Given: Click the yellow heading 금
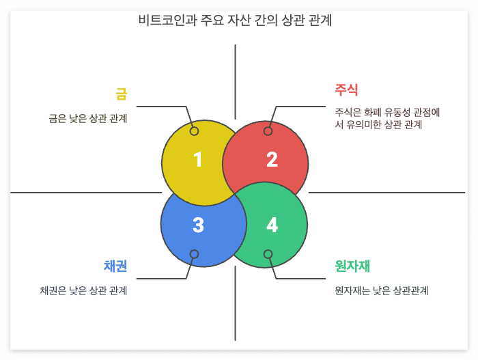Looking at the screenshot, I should pyautogui.click(x=122, y=94).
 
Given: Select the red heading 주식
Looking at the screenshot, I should pyautogui.click(x=346, y=89).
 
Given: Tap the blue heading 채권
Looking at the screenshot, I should pyautogui.click(x=115, y=266).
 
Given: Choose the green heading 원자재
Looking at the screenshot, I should pyautogui.click(x=352, y=266).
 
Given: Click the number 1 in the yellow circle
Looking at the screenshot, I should pyautogui.click(x=197, y=160).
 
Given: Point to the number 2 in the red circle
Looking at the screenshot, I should pyautogui.click(x=272, y=160).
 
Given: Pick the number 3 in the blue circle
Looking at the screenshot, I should pyautogui.click(x=198, y=225).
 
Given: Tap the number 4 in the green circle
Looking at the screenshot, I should pyautogui.click(x=272, y=225).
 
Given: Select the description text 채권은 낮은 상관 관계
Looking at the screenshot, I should pyautogui.click(x=83, y=290).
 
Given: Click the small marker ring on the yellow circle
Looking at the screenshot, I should pyautogui.click(x=194, y=131).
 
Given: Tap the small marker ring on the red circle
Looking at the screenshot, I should pyautogui.click(x=268, y=131).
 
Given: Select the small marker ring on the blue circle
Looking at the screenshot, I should pyautogui.click(x=194, y=254).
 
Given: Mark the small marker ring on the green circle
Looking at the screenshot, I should pyautogui.click(x=268, y=254).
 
